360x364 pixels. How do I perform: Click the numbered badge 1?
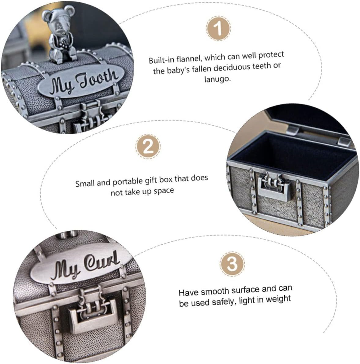(x=218, y=28)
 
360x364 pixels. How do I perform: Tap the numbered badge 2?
(x=148, y=147)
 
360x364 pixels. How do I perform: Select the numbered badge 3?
(x=232, y=264)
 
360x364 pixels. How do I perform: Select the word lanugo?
(x=217, y=79)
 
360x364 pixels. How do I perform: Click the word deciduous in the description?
(x=232, y=68)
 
